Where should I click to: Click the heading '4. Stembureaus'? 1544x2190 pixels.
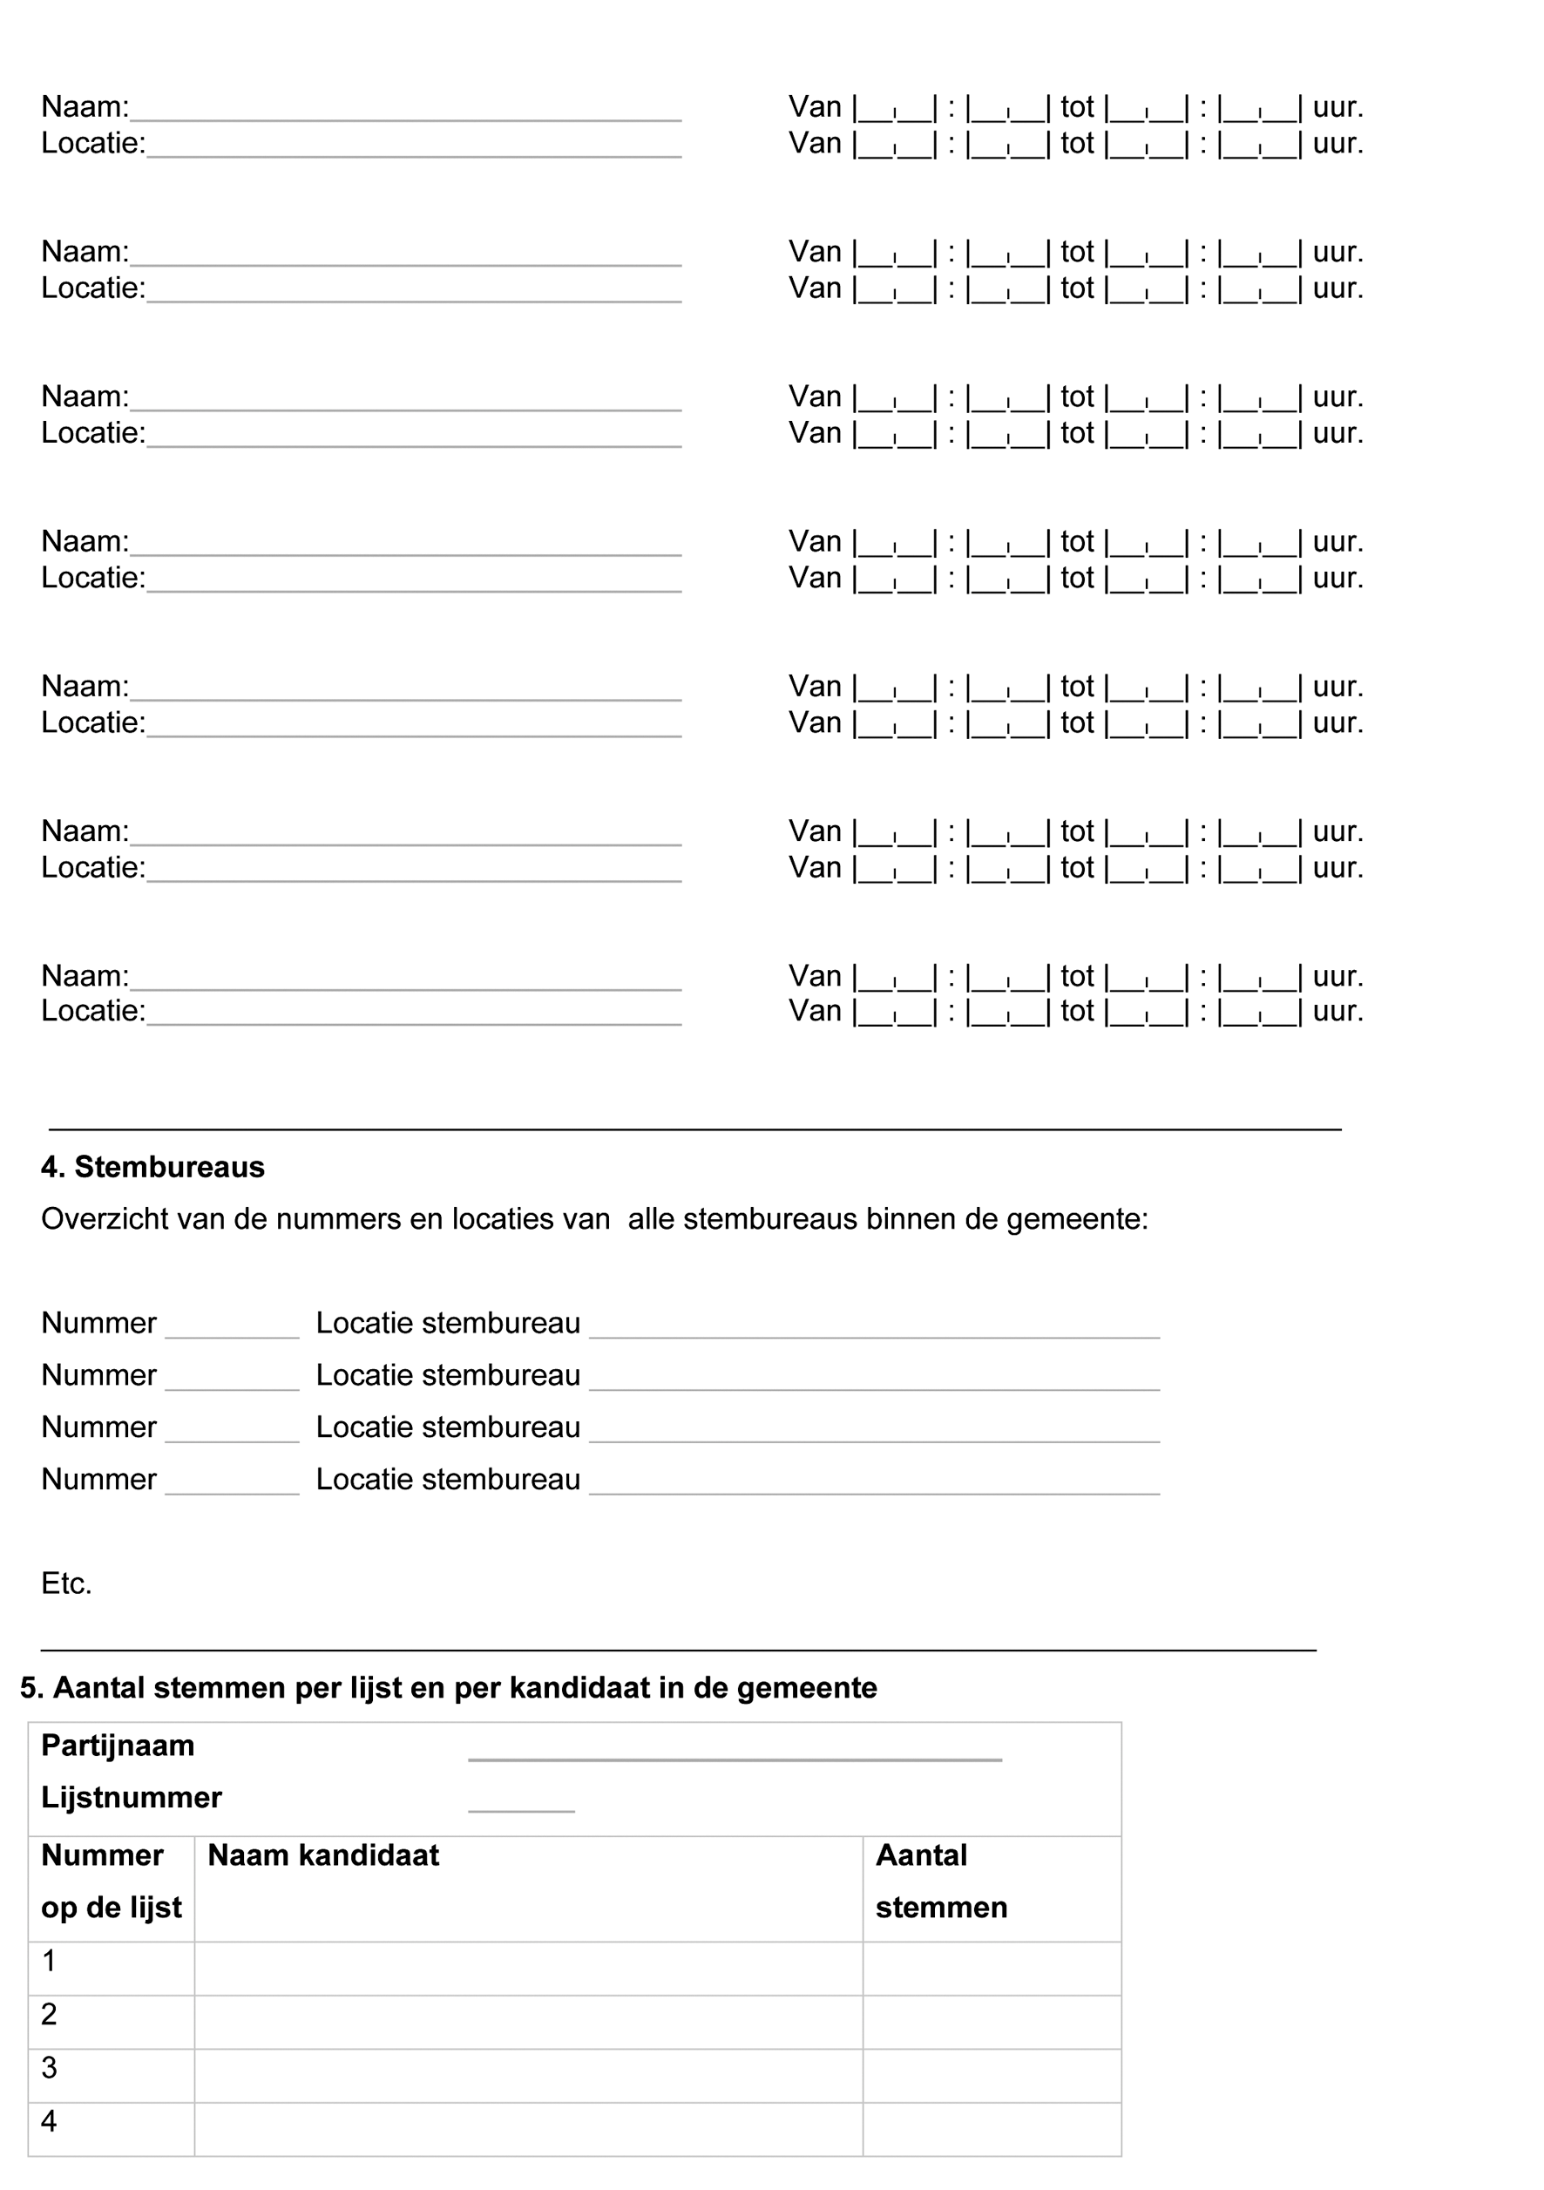(x=152, y=1167)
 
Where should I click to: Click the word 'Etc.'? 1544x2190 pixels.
(x=67, y=1583)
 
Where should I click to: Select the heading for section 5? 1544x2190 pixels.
(x=448, y=1687)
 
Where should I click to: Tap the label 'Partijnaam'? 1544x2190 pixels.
(x=118, y=1746)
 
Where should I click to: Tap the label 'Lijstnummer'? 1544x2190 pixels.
(x=132, y=1798)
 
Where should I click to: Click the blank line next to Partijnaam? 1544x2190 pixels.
(x=735, y=1758)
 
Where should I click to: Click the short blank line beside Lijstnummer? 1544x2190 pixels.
(x=521, y=1808)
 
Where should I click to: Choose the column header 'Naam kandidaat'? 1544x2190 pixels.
(x=323, y=1855)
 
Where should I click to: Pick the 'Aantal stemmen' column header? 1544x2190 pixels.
(x=940, y=1881)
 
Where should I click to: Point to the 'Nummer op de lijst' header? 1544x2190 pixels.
(x=111, y=1881)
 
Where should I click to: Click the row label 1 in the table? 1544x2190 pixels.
(x=50, y=1961)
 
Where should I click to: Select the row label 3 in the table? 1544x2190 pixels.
(x=50, y=2068)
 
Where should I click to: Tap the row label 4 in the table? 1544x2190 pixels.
(x=50, y=2121)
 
